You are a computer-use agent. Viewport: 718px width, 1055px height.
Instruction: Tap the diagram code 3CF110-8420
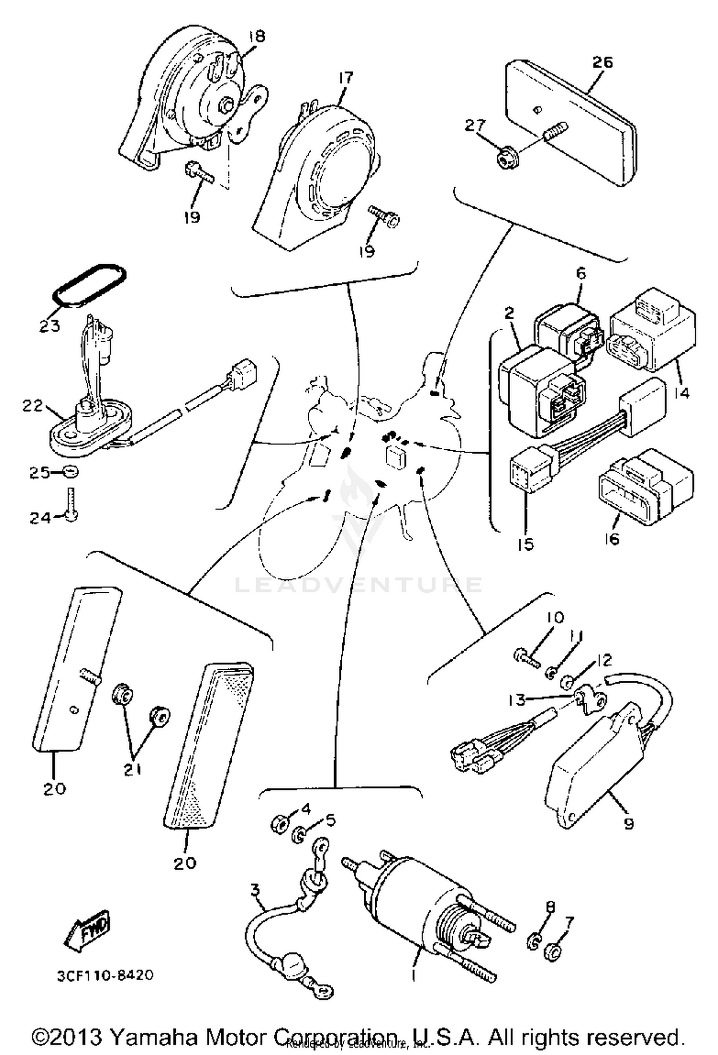pos(106,976)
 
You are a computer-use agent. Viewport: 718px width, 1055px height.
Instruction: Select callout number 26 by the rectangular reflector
pos(602,62)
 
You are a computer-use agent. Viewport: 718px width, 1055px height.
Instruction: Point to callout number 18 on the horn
pos(257,36)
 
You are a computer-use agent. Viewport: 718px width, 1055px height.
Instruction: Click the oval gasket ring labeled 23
pos(90,285)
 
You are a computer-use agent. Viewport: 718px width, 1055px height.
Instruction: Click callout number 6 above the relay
pos(580,273)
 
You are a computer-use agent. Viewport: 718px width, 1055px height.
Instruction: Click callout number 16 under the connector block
pos(612,539)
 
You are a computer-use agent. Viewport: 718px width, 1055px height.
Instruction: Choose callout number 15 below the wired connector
pos(526,544)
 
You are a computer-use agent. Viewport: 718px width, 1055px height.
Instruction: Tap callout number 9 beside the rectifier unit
pos(629,823)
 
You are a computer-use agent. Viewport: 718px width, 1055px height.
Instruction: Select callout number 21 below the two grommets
pos(133,769)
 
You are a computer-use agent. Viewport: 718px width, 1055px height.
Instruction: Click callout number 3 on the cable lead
pos(256,890)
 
